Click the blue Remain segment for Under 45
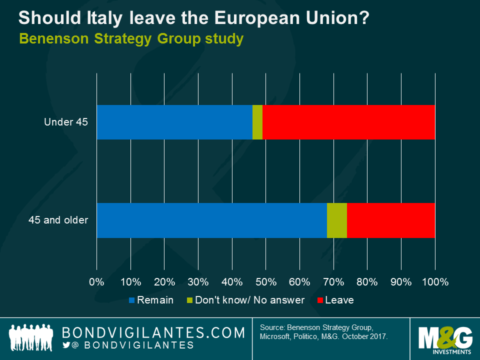point(174,122)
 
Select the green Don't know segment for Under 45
point(257,122)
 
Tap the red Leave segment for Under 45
point(348,122)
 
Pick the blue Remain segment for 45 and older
point(211,220)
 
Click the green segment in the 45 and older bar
point(337,220)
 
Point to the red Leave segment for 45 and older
point(391,220)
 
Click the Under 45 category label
point(65,122)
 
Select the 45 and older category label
point(59,220)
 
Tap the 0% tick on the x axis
point(96,282)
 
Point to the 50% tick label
point(265,282)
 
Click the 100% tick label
point(435,282)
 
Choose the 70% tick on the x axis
point(333,282)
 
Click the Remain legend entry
point(151,300)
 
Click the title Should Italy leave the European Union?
point(194,18)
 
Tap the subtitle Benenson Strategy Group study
point(131,38)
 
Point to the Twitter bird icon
point(66,345)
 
